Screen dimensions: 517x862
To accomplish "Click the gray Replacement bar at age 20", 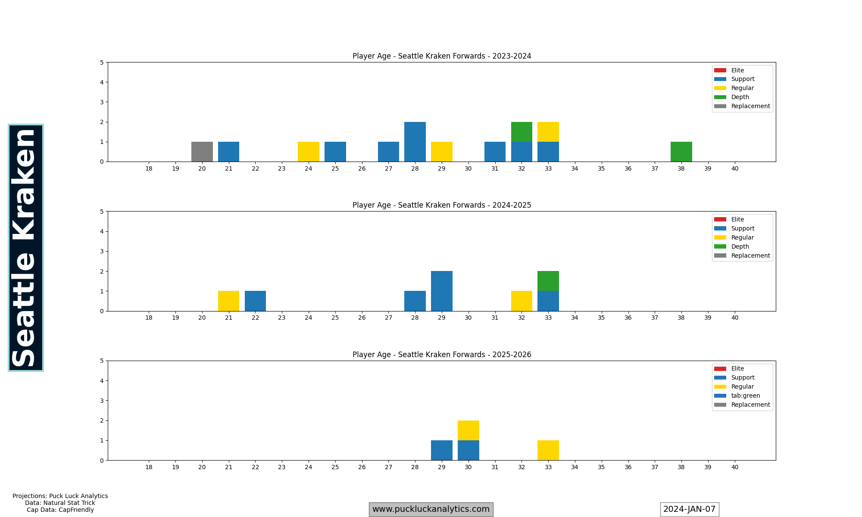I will (x=202, y=152).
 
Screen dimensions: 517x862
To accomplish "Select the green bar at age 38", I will (x=681, y=152).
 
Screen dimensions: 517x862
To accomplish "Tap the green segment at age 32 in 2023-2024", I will (x=522, y=132).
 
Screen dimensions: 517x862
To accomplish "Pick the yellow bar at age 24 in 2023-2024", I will (x=309, y=152).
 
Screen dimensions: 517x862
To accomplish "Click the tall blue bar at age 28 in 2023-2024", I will (x=415, y=142).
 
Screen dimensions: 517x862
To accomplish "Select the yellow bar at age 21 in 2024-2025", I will (x=228, y=301).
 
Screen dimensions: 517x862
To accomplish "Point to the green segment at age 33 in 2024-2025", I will (x=548, y=281).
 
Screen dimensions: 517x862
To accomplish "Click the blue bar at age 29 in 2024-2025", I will (x=442, y=291).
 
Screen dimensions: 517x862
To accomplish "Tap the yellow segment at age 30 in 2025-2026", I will (x=468, y=430).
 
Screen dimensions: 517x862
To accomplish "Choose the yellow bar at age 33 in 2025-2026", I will (x=548, y=450).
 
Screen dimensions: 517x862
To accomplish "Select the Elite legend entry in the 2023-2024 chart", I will (x=737, y=70).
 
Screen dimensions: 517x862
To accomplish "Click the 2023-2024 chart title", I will (x=442, y=56).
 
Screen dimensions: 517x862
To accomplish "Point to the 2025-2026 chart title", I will (x=442, y=355).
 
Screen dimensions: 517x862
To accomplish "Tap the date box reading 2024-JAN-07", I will (x=689, y=509).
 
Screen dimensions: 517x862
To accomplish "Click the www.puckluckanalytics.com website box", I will (x=431, y=509).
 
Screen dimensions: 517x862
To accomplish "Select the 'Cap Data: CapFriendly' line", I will (x=60, y=510).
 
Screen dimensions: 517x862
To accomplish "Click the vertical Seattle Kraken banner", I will (x=26, y=248).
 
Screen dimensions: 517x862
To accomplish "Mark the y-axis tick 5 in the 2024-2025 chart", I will (x=102, y=212).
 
